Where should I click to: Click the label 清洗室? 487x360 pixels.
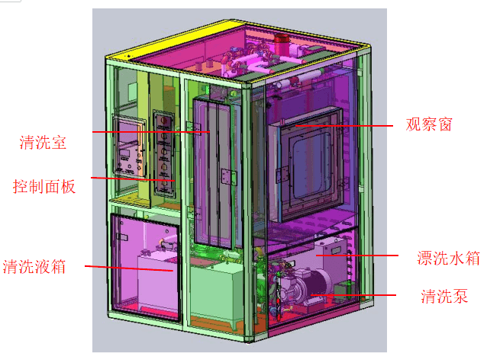(43, 143)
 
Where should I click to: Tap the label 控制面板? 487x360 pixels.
(44, 187)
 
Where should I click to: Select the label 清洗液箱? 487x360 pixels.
(34, 267)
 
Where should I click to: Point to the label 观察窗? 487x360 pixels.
(429, 124)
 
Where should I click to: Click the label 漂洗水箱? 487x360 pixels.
(448, 258)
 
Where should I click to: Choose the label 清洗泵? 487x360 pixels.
(444, 296)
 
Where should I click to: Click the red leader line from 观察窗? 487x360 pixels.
(344, 126)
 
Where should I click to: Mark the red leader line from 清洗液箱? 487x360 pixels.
(129, 268)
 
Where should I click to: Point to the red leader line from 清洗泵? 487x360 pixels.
(353, 295)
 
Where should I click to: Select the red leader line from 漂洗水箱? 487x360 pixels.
(357, 256)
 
